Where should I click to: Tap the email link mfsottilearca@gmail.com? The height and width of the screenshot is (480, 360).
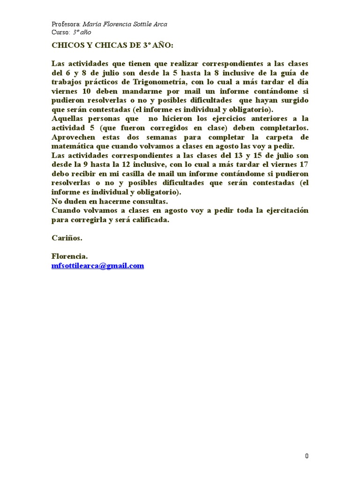coord(97,266)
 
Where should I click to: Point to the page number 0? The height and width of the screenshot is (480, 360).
coord(307,456)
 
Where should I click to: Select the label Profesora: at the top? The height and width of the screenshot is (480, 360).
coord(66,24)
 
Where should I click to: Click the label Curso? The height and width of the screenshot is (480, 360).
coord(60,32)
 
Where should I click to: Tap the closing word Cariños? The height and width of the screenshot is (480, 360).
coord(67,238)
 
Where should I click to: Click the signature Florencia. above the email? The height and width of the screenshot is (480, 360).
coord(69,256)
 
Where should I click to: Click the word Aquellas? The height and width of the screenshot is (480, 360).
coord(68,119)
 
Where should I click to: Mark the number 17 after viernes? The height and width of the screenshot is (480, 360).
coord(304,164)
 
